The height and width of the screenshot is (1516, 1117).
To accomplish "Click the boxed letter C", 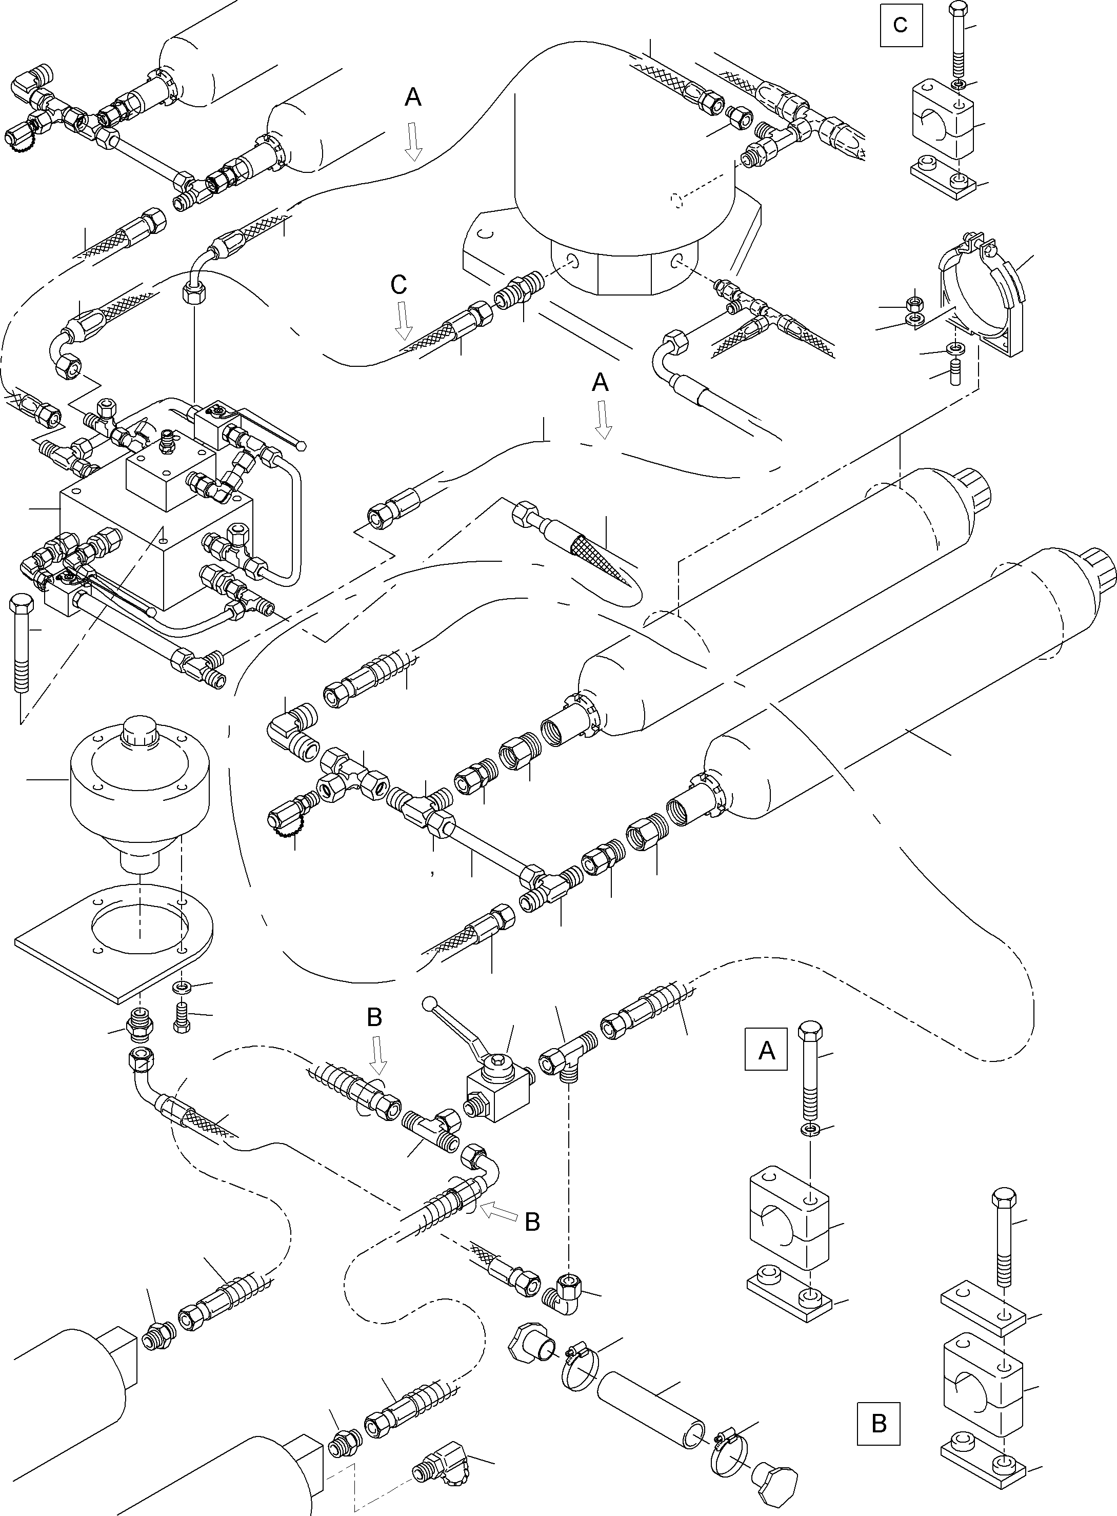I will pos(901,25).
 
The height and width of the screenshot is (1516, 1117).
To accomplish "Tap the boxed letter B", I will pos(879,1423).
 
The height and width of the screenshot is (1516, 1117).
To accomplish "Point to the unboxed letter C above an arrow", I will pos(399,285).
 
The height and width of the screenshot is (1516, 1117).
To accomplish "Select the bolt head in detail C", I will pos(958,10).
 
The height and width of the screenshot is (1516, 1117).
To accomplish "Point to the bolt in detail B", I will pos(1003,1237).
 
